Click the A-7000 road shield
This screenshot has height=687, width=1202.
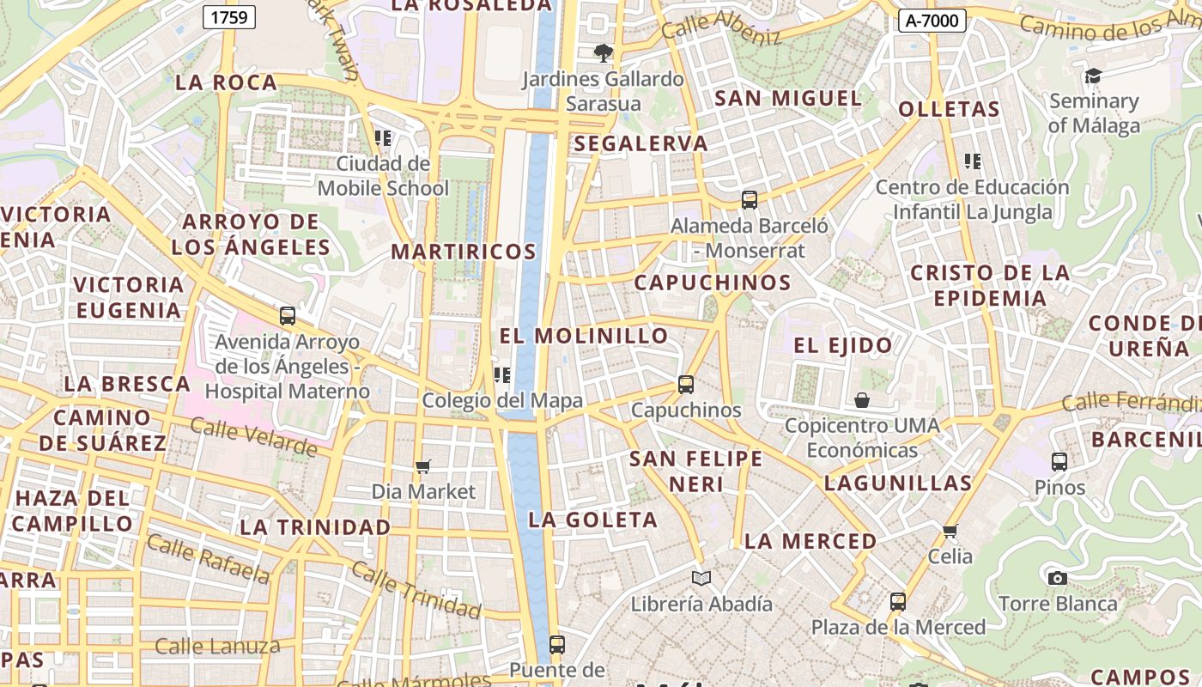click(932, 21)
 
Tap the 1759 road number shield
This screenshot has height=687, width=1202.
click(229, 16)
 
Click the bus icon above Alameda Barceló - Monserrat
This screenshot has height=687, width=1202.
click(750, 200)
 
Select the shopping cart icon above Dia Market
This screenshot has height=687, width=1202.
click(422, 466)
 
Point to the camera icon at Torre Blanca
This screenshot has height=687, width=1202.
click(1058, 578)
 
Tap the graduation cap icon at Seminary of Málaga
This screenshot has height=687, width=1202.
click(1093, 76)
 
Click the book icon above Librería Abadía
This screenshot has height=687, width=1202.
click(701, 578)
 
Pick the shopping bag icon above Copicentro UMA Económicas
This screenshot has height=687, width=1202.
click(862, 400)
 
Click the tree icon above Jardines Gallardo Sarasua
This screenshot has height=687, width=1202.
click(604, 53)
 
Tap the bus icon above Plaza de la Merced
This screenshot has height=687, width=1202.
click(898, 601)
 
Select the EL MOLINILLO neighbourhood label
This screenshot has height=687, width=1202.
click(584, 336)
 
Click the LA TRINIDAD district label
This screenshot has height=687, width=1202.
click(315, 527)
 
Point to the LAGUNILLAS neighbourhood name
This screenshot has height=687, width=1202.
click(897, 483)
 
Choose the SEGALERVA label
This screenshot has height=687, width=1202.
click(641, 143)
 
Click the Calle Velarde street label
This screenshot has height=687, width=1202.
click(253, 436)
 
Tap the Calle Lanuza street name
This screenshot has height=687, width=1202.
click(218, 646)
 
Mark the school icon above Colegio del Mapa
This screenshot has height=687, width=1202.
click(502, 374)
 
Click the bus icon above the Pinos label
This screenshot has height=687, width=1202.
click(1059, 462)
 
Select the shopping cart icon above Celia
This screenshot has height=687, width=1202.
click(950, 531)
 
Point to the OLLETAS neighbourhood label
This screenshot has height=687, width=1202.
click(949, 109)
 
